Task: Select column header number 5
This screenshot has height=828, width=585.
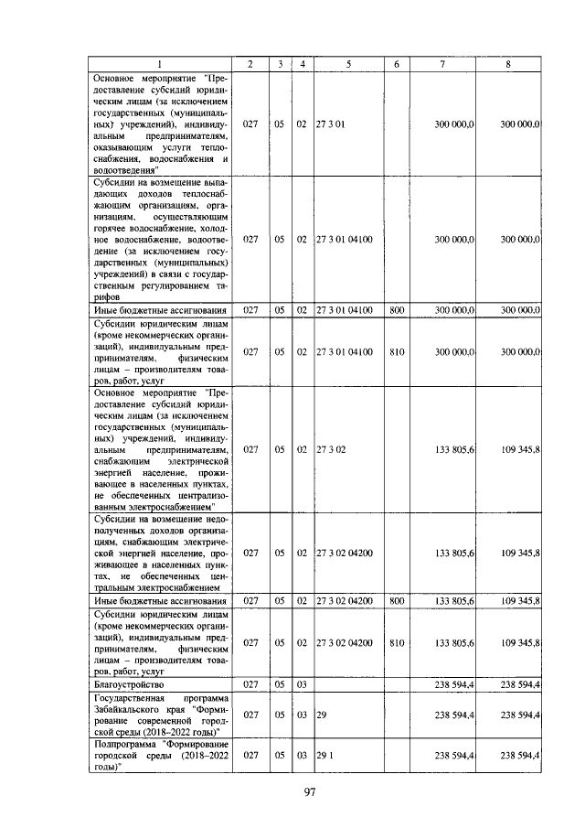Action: (x=348, y=64)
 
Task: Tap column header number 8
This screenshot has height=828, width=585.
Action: (x=507, y=64)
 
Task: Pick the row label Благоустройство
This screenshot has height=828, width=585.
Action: (x=129, y=683)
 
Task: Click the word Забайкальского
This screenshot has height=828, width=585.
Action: (x=133, y=708)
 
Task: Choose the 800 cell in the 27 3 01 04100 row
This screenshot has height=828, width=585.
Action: (x=396, y=311)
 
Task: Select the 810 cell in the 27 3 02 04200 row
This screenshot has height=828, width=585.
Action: (x=396, y=642)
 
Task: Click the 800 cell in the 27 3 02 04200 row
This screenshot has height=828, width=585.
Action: (x=396, y=601)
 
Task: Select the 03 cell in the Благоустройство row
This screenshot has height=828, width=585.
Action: (x=301, y=683)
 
